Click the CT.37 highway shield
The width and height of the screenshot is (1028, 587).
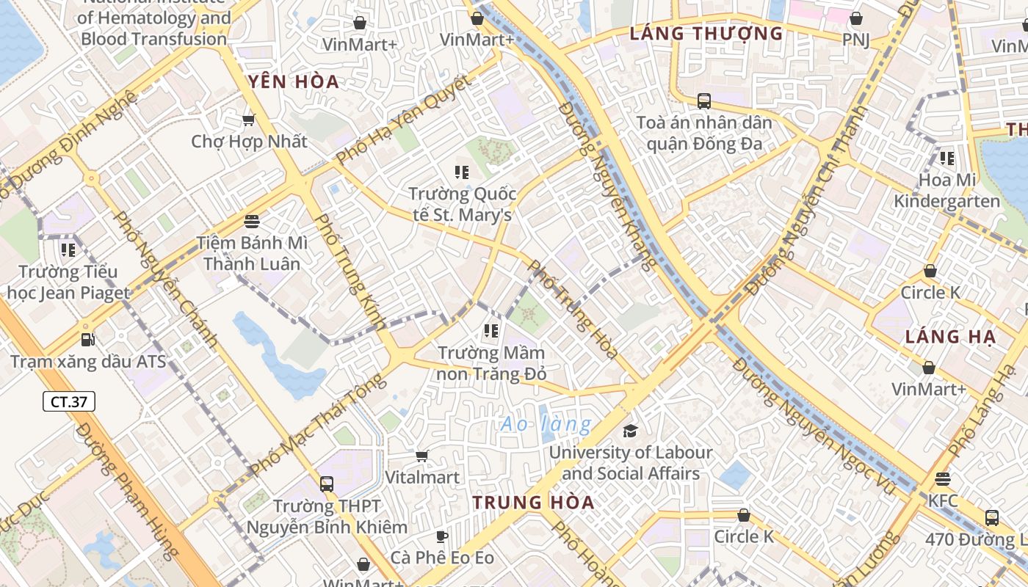pyautogui.click(x=69, y=401)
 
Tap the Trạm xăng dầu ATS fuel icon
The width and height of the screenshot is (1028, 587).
pyautogui.click(x=88, y=340)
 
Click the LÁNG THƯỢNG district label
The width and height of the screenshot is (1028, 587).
pyautogui.click(x=706, y=33)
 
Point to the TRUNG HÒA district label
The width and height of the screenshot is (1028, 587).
pyautogui.click(x=533, y=503)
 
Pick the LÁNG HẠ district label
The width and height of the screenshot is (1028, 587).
pyautogui.click(x=950, y=337)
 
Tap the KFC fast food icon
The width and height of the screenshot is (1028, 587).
pyautogui.click(x=943, y=479)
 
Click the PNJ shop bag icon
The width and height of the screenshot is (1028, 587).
pyautogui.click(x=855, y=18)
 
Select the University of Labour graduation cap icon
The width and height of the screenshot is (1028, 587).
pyautogui.click(x=630, y=431)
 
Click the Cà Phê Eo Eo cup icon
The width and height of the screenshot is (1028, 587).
pyautogui.click(x=442, y=536)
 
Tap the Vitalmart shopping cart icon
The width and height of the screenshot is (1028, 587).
pyautogui.click(x=422, y=456)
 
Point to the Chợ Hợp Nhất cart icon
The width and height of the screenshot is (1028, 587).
pyautogui.click(x=249, y=120)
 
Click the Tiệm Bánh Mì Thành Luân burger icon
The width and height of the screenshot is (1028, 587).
pyautogui.click(x=252, y=221)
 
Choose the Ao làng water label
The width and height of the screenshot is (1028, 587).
pyautogui.click(x=546, y=424)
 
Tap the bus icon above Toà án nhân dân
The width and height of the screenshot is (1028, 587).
pyautogui.click(x=703, y=101)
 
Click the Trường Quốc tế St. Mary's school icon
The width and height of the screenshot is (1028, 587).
pyautogui.click(x=462, y=172)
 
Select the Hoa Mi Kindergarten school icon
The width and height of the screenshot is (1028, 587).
pyautogui.click(x=947, y=158)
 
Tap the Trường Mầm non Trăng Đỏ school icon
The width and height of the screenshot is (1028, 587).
pyautogui.click(x=492, y=331)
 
